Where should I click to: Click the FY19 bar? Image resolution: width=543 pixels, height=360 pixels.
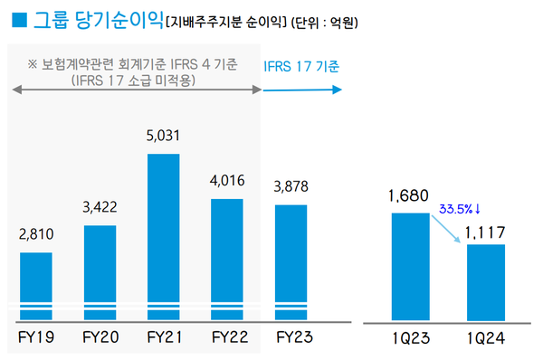point(35,285)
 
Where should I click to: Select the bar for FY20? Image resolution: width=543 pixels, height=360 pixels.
point(100,271)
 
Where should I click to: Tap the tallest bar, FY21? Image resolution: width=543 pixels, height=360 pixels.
point(163,236)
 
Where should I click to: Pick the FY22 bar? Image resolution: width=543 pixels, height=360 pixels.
point(226,259)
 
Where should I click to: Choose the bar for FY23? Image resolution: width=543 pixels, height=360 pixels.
point(291,261)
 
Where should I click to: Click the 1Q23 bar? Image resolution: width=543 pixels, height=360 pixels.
point(410,266)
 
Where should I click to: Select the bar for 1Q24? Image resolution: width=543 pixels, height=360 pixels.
point(479,281)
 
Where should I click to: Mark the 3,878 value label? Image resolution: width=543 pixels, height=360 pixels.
point(291,187)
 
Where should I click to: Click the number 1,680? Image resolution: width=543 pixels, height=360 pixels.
point(409,194)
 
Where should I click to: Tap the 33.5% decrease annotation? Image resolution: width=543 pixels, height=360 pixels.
point(458,206)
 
